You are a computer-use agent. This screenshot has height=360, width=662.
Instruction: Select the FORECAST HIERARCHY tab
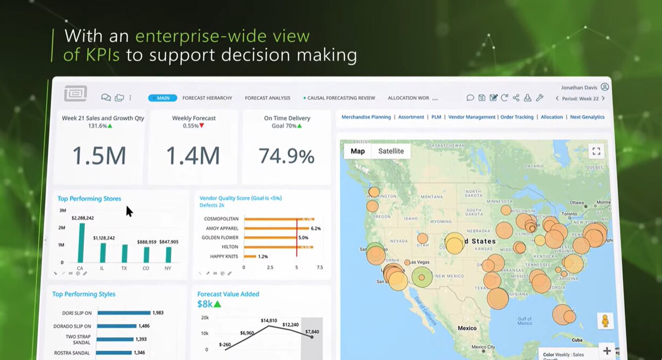point(207,98)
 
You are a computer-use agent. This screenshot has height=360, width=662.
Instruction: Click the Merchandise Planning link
point(366,117)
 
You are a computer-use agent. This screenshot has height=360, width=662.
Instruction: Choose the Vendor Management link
point(471,117)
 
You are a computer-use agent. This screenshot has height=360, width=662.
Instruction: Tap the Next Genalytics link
point(587,117)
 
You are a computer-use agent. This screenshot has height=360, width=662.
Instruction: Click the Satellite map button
point(391,151)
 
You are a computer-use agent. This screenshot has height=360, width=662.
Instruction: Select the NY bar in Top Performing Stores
point(168,255)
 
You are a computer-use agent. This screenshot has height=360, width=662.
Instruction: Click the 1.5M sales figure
point(99,156)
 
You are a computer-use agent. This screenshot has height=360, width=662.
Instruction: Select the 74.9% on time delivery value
point(286,156)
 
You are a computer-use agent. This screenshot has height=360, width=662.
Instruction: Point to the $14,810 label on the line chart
point(269,321)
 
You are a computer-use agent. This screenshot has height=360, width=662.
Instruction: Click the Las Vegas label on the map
point(420,262)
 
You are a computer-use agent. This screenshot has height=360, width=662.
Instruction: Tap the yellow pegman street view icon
point(605,321)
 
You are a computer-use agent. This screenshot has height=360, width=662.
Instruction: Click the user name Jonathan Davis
point(579,87)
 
